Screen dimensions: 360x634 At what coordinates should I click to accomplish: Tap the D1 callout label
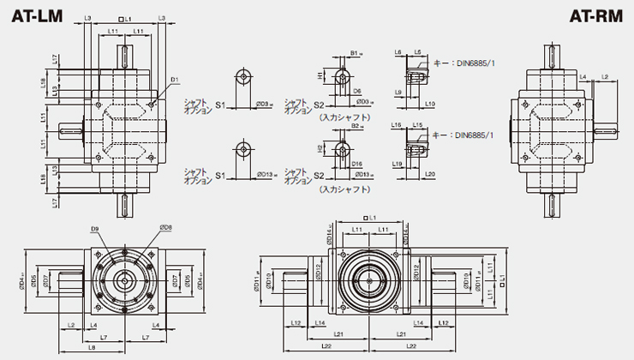[174, 80]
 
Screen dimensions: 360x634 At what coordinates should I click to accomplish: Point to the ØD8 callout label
[165, 228]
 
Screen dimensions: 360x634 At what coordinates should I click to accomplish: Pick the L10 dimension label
[429, 104]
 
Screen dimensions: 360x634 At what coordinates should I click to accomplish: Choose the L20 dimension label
[429, 174]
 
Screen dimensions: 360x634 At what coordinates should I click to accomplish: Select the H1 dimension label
[320, 75]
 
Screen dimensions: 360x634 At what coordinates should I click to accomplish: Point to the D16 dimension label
[356, 161]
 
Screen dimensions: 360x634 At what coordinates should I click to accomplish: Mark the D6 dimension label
[356, 90]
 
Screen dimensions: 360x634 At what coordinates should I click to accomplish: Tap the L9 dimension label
[399, 92]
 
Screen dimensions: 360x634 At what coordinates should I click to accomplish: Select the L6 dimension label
[398, 53]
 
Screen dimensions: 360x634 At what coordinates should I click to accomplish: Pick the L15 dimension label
[418, 125]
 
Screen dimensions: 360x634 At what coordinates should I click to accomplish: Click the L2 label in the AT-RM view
[604, 77]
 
